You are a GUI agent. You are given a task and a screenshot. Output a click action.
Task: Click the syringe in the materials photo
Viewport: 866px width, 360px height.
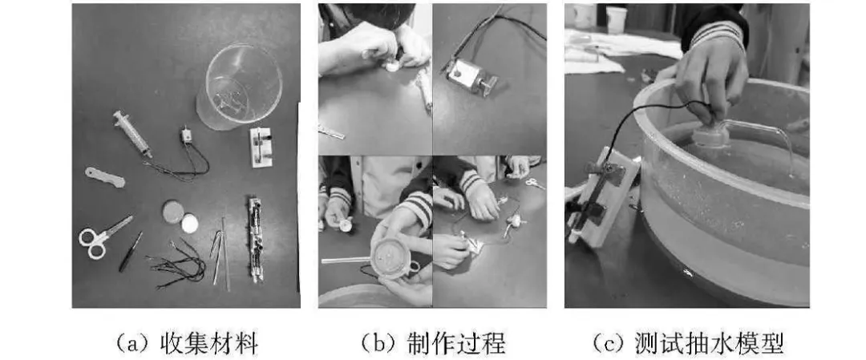coord(132,134)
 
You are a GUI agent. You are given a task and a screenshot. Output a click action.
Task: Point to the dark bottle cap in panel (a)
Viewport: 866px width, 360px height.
coord(173,212)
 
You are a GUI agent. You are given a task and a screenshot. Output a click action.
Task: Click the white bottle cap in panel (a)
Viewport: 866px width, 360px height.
coord(189,224)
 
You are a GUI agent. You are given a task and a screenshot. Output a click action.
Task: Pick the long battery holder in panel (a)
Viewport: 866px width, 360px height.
coord(255,240)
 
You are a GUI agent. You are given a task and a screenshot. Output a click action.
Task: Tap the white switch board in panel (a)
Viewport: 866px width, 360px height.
coord(261,147)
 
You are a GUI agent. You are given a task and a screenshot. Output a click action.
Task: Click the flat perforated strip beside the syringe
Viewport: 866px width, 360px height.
coord(105,177)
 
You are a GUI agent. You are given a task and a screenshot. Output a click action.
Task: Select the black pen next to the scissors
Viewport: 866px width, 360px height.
coord(131,252)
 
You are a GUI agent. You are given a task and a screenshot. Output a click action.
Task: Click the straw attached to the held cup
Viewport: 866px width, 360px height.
coord(346,260)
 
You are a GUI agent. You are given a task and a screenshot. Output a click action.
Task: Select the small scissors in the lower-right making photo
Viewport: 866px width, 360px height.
coord(534,183)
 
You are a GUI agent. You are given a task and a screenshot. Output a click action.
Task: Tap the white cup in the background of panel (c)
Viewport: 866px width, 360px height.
coord(617,19)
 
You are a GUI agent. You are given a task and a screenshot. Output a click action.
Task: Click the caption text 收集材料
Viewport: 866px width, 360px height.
coord(208,343)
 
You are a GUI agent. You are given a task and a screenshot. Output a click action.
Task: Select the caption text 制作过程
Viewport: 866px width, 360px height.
coord(456,343)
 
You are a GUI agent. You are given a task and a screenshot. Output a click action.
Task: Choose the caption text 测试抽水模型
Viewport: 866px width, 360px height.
coord(709,343)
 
